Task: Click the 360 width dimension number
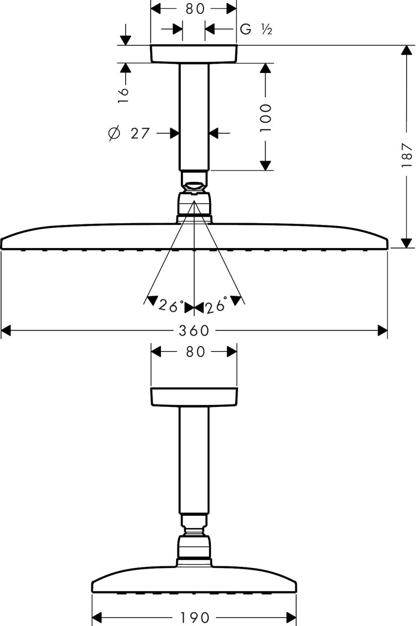point(194,330)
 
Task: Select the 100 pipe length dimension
point(265,118)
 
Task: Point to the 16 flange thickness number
point(123,95)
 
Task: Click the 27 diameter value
point(140,133)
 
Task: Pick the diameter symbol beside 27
point(114,133)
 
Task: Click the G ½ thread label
point(256,29)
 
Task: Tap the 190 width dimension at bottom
point(195,617)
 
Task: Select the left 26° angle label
point(170,305)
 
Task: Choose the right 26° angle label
point(216,305)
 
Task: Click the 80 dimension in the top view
point(195,8)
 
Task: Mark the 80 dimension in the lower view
point(195,352)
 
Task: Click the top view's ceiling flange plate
point(194,54)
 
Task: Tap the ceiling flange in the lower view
point(194,397)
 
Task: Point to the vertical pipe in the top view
point(194,117)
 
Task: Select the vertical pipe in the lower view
point(194,460)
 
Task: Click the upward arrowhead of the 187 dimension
point(406,50)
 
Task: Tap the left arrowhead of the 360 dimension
point(6,330)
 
